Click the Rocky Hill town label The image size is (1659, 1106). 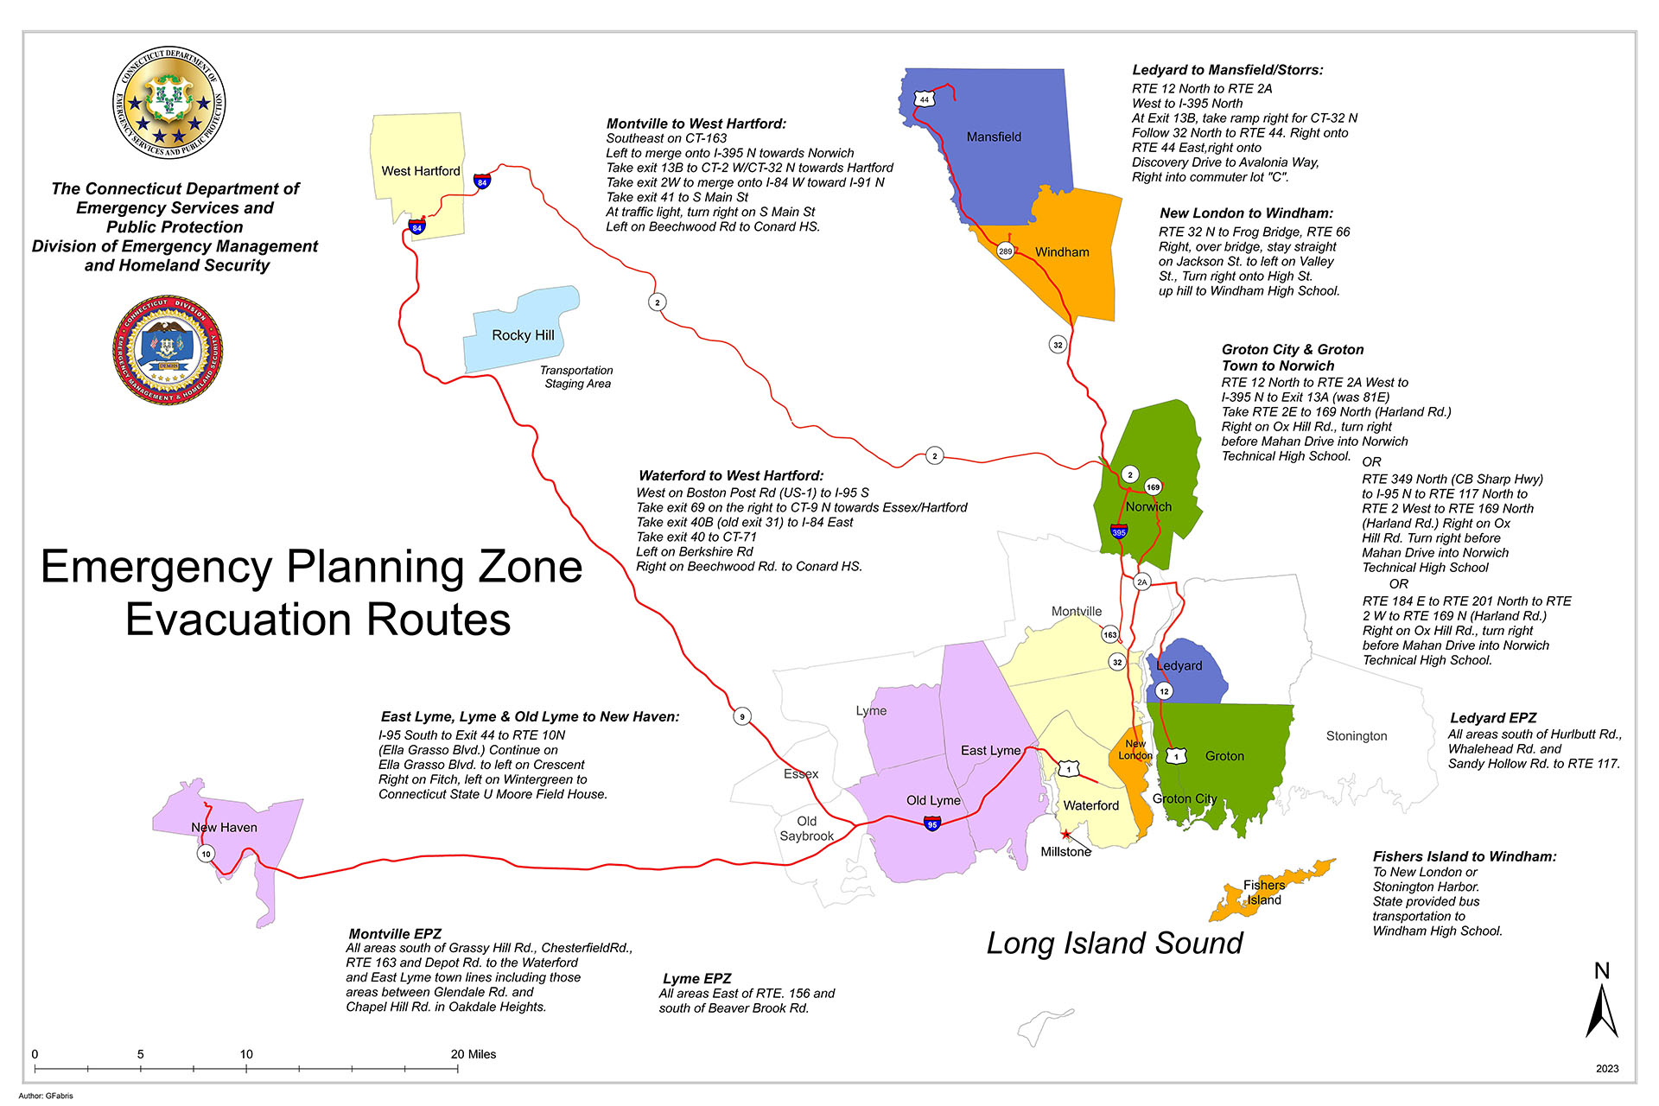[x=523, y=335]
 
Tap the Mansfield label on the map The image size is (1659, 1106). [x=994, y=137]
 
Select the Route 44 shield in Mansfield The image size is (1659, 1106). [x=925, y=99]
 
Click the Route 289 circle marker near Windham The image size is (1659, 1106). [x=1005, y=251]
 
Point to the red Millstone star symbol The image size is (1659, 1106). [x=1066, y=835]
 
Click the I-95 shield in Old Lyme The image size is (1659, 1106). [x=931, y=823]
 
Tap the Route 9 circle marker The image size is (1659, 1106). [x=741, y=716]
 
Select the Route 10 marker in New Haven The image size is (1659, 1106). [x=206, y=854]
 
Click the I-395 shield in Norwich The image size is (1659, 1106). [x=1119, y=531]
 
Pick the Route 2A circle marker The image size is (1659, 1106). [x=1142, y=582]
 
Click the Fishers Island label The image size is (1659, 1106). [x=1264, y=893]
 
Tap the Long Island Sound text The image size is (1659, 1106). [x=1115, y=944]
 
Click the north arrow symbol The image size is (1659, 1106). [x=1601, y=1007]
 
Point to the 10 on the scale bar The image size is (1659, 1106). [x=246, y=1054]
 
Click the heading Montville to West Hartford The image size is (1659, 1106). [x=696, y=124]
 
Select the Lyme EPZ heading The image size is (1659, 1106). [x=696, y=978]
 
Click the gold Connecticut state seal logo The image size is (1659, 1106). [x=169, y=103]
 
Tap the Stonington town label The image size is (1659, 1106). [x=1357, y=736]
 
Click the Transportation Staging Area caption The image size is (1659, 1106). [x=576, y=377]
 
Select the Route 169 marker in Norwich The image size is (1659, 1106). [x=1153, y=487]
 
